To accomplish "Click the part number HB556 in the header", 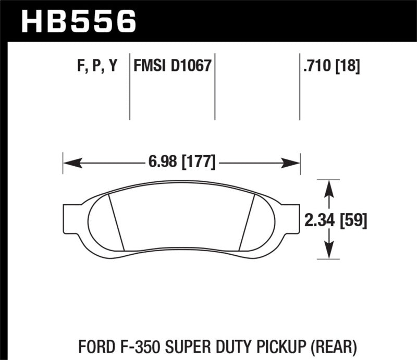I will pos(79,21).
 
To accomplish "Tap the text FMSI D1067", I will pos(172,66).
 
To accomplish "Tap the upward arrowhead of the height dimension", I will pos(328,188).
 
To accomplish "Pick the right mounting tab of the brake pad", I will pos(291,219).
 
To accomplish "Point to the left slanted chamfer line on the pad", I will pos(116,221).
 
